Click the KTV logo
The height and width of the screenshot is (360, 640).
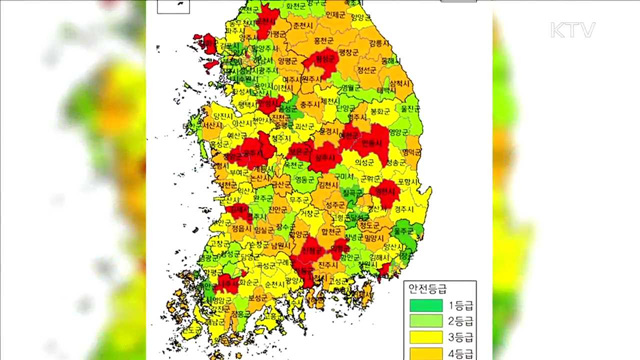572,30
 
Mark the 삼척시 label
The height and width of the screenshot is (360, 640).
398,85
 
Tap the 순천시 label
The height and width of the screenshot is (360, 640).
268,284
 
